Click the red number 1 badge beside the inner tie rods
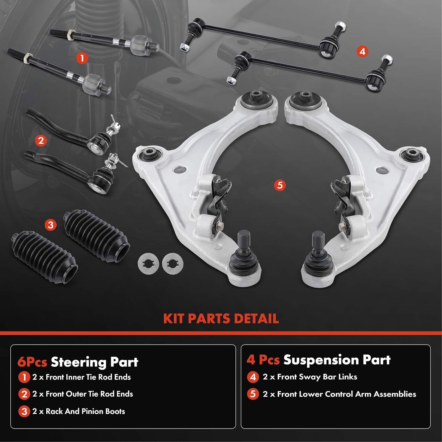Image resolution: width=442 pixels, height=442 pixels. click(82, 58)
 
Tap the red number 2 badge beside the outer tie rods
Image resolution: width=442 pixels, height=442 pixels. click(41, 140)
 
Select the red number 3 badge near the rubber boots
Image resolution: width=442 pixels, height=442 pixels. click(50, 225)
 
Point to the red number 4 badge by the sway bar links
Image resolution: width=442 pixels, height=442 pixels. click(362, 52)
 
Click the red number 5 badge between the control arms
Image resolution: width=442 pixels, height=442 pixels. click(280, 185)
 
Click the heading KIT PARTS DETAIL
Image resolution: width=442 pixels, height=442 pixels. click(221, 319)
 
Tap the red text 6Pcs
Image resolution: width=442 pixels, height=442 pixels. click(32, 362)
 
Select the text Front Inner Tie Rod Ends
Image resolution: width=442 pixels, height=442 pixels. click(88, 377)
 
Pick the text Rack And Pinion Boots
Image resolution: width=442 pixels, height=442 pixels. click(85, 411)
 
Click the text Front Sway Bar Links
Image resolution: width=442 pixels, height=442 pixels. click(317, 377)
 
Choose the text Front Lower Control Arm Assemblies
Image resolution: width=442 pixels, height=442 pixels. click(347, 394)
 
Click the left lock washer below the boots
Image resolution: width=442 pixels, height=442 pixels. click(149, 263)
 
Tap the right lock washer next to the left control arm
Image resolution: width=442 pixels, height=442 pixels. click(173, 263)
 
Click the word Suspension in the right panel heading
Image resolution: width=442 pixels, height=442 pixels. click(321, 360)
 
